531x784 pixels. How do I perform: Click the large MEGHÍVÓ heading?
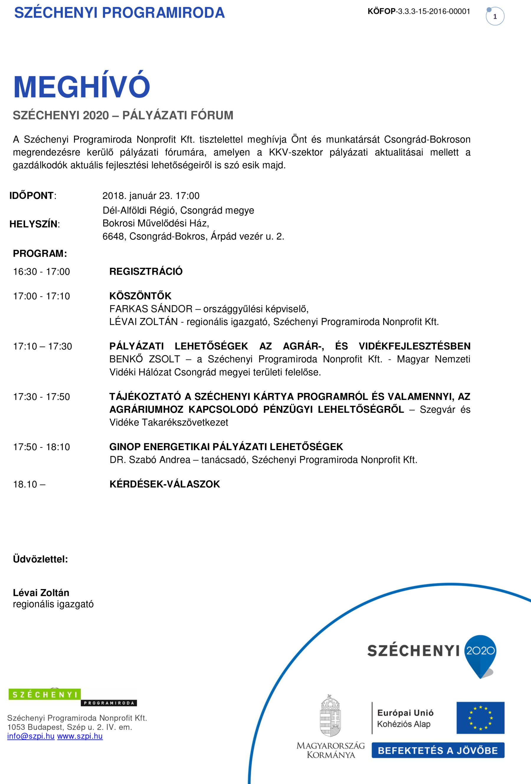tap(81, 87)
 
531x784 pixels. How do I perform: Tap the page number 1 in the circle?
tap(495, 17)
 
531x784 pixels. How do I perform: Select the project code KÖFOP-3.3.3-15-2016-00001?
tap(419, 12)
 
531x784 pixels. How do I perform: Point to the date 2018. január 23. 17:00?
tap(151, 196)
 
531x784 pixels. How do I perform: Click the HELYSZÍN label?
tap(35, 224)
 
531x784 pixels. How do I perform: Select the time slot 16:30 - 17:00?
tap(42, 272)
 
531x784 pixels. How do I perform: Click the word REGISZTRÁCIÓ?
tap(146, 271)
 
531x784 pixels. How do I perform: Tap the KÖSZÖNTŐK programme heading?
tap(140, 296)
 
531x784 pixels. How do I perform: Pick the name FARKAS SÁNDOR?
tap(151, 309)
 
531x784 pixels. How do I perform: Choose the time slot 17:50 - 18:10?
tap(42, 447)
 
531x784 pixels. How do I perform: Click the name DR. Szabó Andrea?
tap(150, 460)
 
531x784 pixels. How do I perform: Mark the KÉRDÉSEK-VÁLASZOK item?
tap(165, 484)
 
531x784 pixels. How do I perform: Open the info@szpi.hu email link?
tap(31, 736)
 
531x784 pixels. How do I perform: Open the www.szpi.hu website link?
tap(80, 736)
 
